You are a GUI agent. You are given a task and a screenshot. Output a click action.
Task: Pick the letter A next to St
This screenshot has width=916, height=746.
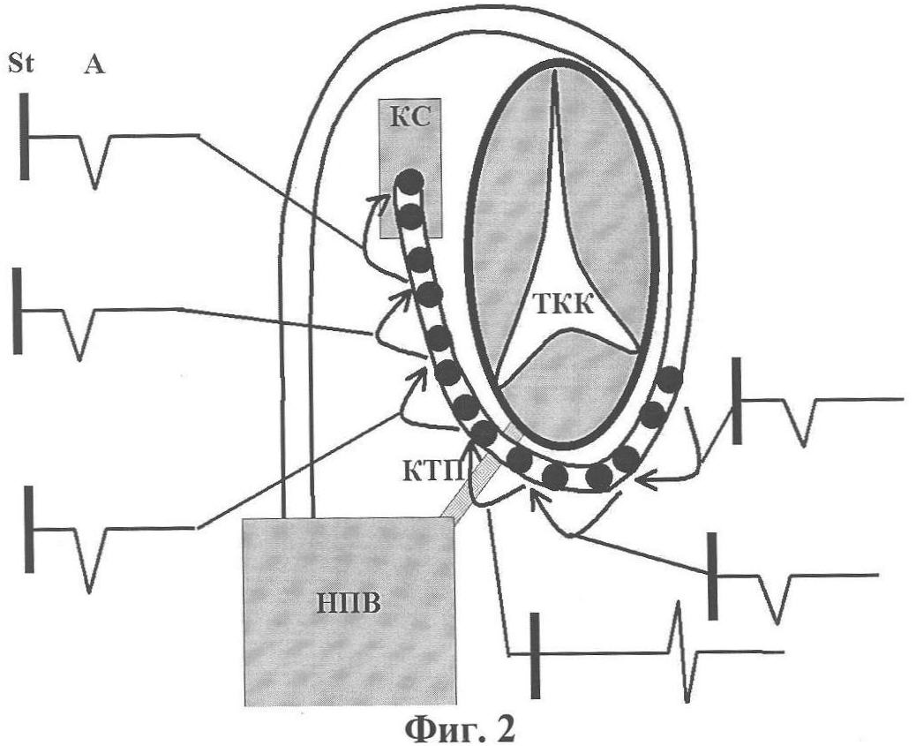click(x=94, y=64)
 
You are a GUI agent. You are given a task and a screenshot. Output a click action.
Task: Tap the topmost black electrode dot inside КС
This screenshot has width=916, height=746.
click(x=409, y=183)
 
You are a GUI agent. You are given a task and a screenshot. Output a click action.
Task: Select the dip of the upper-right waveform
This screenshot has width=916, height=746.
click(x=801, y=424)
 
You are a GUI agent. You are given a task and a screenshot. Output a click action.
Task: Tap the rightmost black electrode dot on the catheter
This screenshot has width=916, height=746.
click(x=671, y=380)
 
